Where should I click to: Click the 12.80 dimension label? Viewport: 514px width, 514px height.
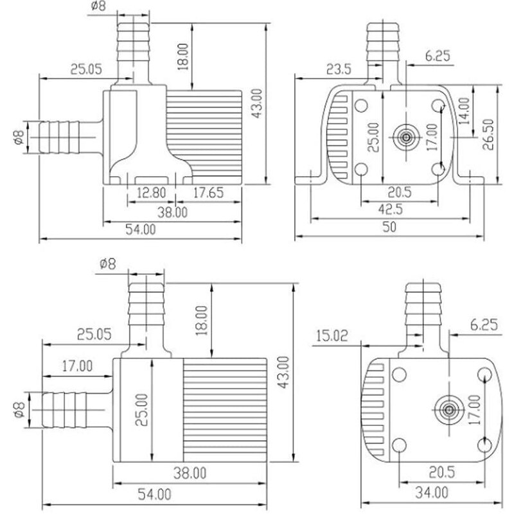[x=150, y=192]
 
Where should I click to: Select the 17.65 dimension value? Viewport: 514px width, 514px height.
[x=208, y=192]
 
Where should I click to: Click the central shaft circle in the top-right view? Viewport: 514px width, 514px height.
[x=406, y=136]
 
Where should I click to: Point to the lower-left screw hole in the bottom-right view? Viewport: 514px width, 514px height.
[x=398, y=444]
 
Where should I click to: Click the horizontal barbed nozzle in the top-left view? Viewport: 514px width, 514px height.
[x=61, y=136]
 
